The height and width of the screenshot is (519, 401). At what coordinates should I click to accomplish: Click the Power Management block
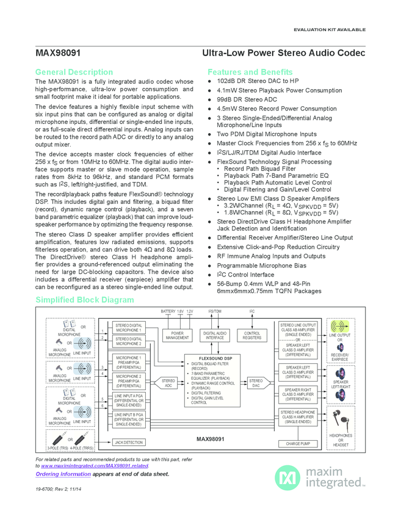point(177,336)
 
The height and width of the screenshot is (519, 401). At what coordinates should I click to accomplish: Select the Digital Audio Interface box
point(214,336)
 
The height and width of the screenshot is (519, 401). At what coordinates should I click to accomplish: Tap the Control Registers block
point(251,336)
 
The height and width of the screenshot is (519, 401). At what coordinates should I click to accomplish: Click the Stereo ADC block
point(168,383)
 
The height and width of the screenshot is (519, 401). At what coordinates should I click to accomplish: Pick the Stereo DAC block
point(256,383)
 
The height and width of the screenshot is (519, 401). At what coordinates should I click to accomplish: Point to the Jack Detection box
point(128,442)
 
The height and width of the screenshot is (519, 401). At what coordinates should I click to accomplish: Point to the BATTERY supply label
point(168,311)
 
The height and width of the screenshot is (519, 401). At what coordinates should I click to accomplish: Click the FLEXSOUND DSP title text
point(215,358)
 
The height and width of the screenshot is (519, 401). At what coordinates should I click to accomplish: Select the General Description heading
point(74,72)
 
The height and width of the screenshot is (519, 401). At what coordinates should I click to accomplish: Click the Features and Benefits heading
point(250,72)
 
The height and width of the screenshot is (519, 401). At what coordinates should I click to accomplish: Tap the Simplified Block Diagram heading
point(84,300)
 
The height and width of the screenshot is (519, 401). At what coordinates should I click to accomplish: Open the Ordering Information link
point(63,474)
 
